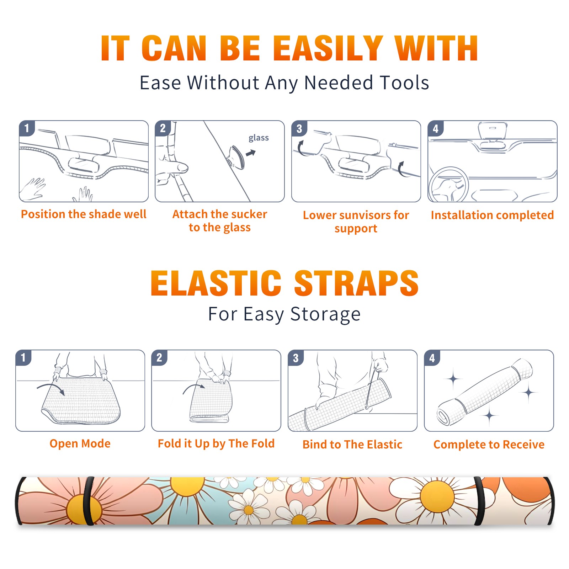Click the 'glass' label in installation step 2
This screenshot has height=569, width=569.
point(259,138)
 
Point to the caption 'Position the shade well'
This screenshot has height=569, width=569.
point(84,214)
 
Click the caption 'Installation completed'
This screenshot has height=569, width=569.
point(492,215)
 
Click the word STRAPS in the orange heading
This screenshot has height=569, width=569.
point(356,283)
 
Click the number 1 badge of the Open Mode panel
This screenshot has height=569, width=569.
point(23,357)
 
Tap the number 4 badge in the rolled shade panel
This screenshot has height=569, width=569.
point(432,358)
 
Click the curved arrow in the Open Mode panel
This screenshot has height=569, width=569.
point(51,388)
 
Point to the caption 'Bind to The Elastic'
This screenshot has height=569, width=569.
point(352,445)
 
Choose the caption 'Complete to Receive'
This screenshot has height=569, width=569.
point(489,445)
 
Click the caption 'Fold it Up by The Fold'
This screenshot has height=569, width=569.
point(216,443)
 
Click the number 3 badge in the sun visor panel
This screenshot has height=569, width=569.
point(299,128)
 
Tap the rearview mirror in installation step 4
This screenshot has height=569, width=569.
point(492,131)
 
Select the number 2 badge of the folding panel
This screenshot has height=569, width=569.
point(159,357)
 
